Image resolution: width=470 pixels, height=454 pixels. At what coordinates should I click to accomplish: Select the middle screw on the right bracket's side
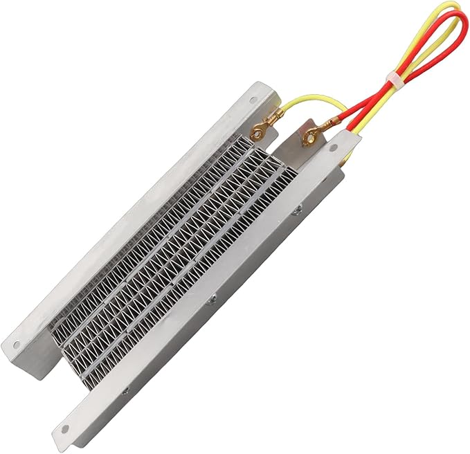tap(212, 300)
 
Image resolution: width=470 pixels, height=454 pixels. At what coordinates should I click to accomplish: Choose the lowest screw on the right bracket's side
tap(125, 391)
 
